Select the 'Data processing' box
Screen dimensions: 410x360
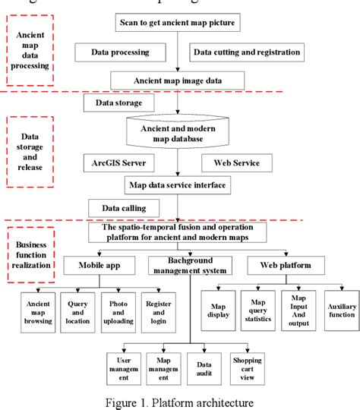point(122,52)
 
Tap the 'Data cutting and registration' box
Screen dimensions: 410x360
point(247,52)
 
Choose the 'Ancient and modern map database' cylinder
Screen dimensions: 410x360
point(176,134)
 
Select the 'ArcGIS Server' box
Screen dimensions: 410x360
point(118,162)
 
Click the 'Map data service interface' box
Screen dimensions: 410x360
point(177,184)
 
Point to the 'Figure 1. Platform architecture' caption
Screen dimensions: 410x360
point(180,402)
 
